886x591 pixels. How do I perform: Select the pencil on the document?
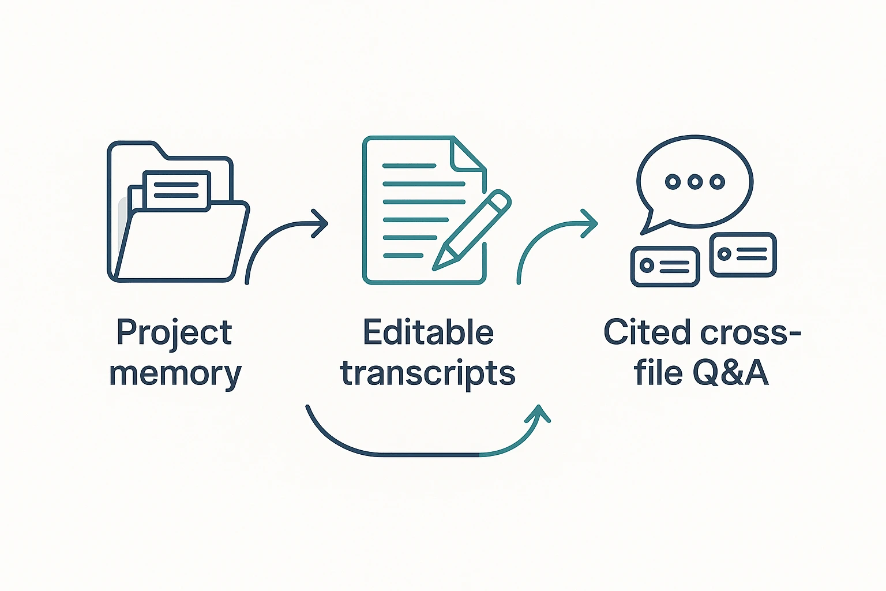471,230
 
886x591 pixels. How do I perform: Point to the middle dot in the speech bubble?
695,182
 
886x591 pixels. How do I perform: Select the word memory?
175,374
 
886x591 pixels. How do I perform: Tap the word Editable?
429,332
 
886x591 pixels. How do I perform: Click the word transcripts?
428,373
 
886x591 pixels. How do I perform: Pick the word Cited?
648,332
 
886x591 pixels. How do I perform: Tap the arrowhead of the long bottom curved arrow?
538,413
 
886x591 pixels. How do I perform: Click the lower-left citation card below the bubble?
665,266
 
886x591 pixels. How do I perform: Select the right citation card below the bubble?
743,255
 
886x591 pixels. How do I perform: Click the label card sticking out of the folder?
177,191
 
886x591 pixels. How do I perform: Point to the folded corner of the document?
469,154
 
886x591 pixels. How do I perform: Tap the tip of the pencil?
434,269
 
